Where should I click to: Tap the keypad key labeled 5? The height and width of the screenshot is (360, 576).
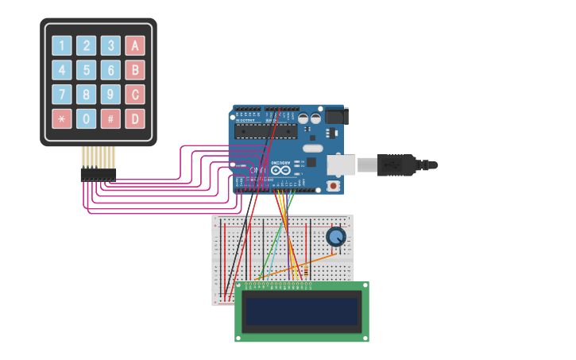87,70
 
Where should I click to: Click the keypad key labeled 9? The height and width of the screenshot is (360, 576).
111,95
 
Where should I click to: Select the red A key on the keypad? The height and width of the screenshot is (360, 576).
135,45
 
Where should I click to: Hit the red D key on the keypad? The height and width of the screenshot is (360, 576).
135,119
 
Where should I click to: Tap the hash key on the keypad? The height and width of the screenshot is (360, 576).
111,119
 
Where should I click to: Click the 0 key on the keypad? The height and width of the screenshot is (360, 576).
87,119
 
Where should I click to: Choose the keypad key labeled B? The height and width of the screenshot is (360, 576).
135,70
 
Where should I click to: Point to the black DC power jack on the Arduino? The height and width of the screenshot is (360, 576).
334,116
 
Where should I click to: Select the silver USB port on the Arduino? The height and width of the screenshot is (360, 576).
343,164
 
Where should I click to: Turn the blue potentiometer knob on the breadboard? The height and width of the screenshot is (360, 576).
336,236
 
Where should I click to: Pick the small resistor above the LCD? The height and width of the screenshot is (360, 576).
306,273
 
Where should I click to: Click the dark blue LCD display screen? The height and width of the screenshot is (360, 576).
302,312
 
